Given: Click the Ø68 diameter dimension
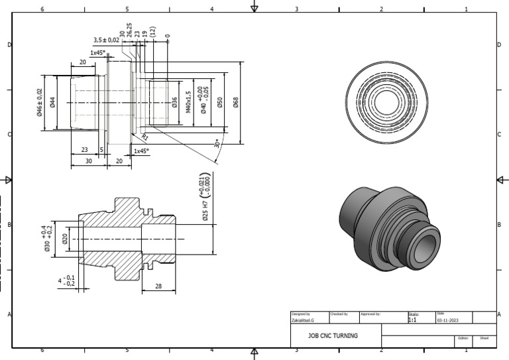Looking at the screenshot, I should coord(236,103).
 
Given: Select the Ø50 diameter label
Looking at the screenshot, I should coord(219,103).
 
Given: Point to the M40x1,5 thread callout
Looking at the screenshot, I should coord(188,103).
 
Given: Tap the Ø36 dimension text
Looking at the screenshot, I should coord(175,103).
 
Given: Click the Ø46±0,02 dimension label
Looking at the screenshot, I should coord(40,102).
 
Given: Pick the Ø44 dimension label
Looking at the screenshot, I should coord(52,102).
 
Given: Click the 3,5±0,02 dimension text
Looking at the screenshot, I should coord(106,40).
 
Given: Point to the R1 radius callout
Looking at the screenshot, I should coord(145,137).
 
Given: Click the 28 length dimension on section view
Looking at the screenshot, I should coord(158,286).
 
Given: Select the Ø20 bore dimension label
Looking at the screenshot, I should coord(65,239).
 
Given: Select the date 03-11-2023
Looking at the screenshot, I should coord(448,320).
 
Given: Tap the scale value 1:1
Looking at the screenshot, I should coord(412,320).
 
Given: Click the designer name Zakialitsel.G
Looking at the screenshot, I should coord(304,320).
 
